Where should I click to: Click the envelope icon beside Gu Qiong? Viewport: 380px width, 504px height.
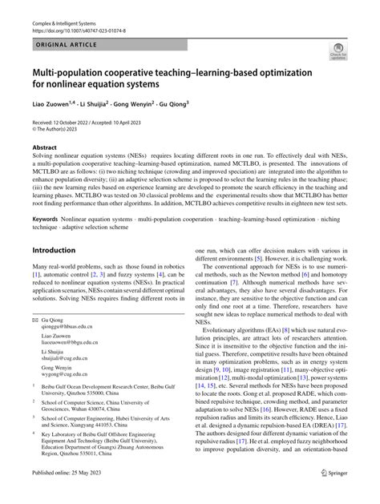point(34,342)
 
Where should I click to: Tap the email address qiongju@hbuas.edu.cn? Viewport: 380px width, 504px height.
point(69,350)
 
